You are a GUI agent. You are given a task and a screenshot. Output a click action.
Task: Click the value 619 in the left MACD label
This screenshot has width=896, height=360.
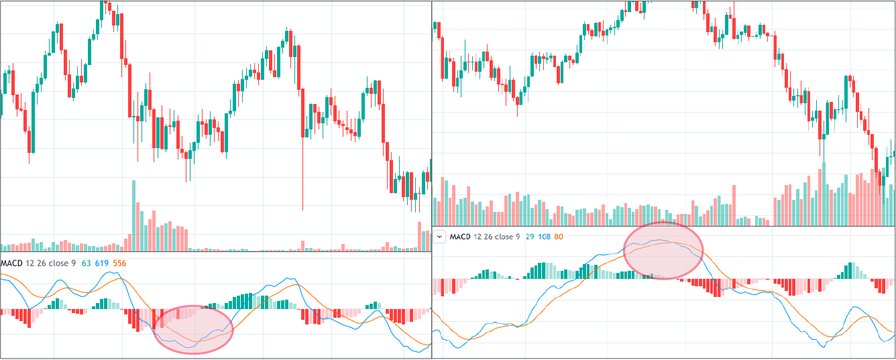coord(103,263)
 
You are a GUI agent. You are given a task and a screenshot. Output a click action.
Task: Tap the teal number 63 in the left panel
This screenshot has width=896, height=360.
coord(87,263)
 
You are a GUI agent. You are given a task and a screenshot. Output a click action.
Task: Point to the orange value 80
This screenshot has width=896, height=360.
coord(559,237)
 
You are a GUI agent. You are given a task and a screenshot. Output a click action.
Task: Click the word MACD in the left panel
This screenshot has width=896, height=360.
coord(12,263)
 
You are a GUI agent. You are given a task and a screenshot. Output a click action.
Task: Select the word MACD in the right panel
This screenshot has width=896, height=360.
coord(460,237)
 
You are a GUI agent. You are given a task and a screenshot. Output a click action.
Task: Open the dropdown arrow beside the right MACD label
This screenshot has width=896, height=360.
coord(440,237)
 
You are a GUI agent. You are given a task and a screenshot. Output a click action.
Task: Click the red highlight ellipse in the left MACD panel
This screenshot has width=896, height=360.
coord(194,329)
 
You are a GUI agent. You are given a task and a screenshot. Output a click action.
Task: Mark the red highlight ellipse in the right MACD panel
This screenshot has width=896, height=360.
coord(664,250)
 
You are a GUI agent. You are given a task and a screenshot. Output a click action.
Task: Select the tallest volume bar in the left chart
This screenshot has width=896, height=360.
coord(133,215)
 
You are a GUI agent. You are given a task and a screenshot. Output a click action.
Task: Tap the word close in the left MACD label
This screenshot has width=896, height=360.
coord(58,263)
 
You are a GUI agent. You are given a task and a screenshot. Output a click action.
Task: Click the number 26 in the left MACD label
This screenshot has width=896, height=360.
coord(41,263)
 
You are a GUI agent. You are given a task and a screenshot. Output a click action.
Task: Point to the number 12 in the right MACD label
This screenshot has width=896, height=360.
coord(478,237)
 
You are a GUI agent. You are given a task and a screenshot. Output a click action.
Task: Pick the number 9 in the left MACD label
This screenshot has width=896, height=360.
coord(74,263)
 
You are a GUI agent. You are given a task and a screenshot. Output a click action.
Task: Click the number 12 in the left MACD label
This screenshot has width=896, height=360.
coord(30,263)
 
